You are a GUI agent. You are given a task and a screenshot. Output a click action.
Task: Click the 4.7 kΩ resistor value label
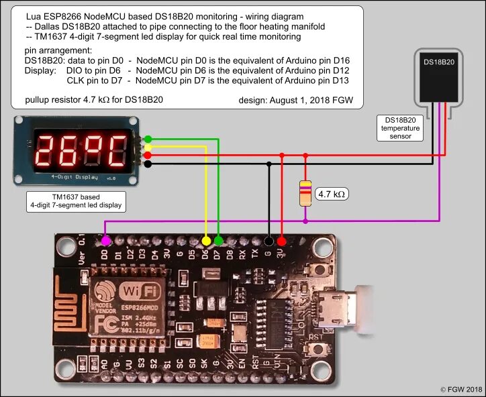coord(332,194)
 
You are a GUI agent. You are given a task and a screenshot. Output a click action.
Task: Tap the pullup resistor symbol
coord(305,192)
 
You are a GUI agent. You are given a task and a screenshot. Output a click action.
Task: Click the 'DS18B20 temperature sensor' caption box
coord(400,127)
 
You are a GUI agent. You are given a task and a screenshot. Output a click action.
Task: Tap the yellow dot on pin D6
coord(206,240)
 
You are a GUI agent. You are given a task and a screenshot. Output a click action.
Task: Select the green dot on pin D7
coord(218,240)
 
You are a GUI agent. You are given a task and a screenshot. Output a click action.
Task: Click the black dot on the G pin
coord(269,241)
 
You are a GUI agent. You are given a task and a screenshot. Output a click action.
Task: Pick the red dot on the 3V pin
coord(281,241)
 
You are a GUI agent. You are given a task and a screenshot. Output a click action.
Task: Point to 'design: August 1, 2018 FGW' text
coord(300,101)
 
